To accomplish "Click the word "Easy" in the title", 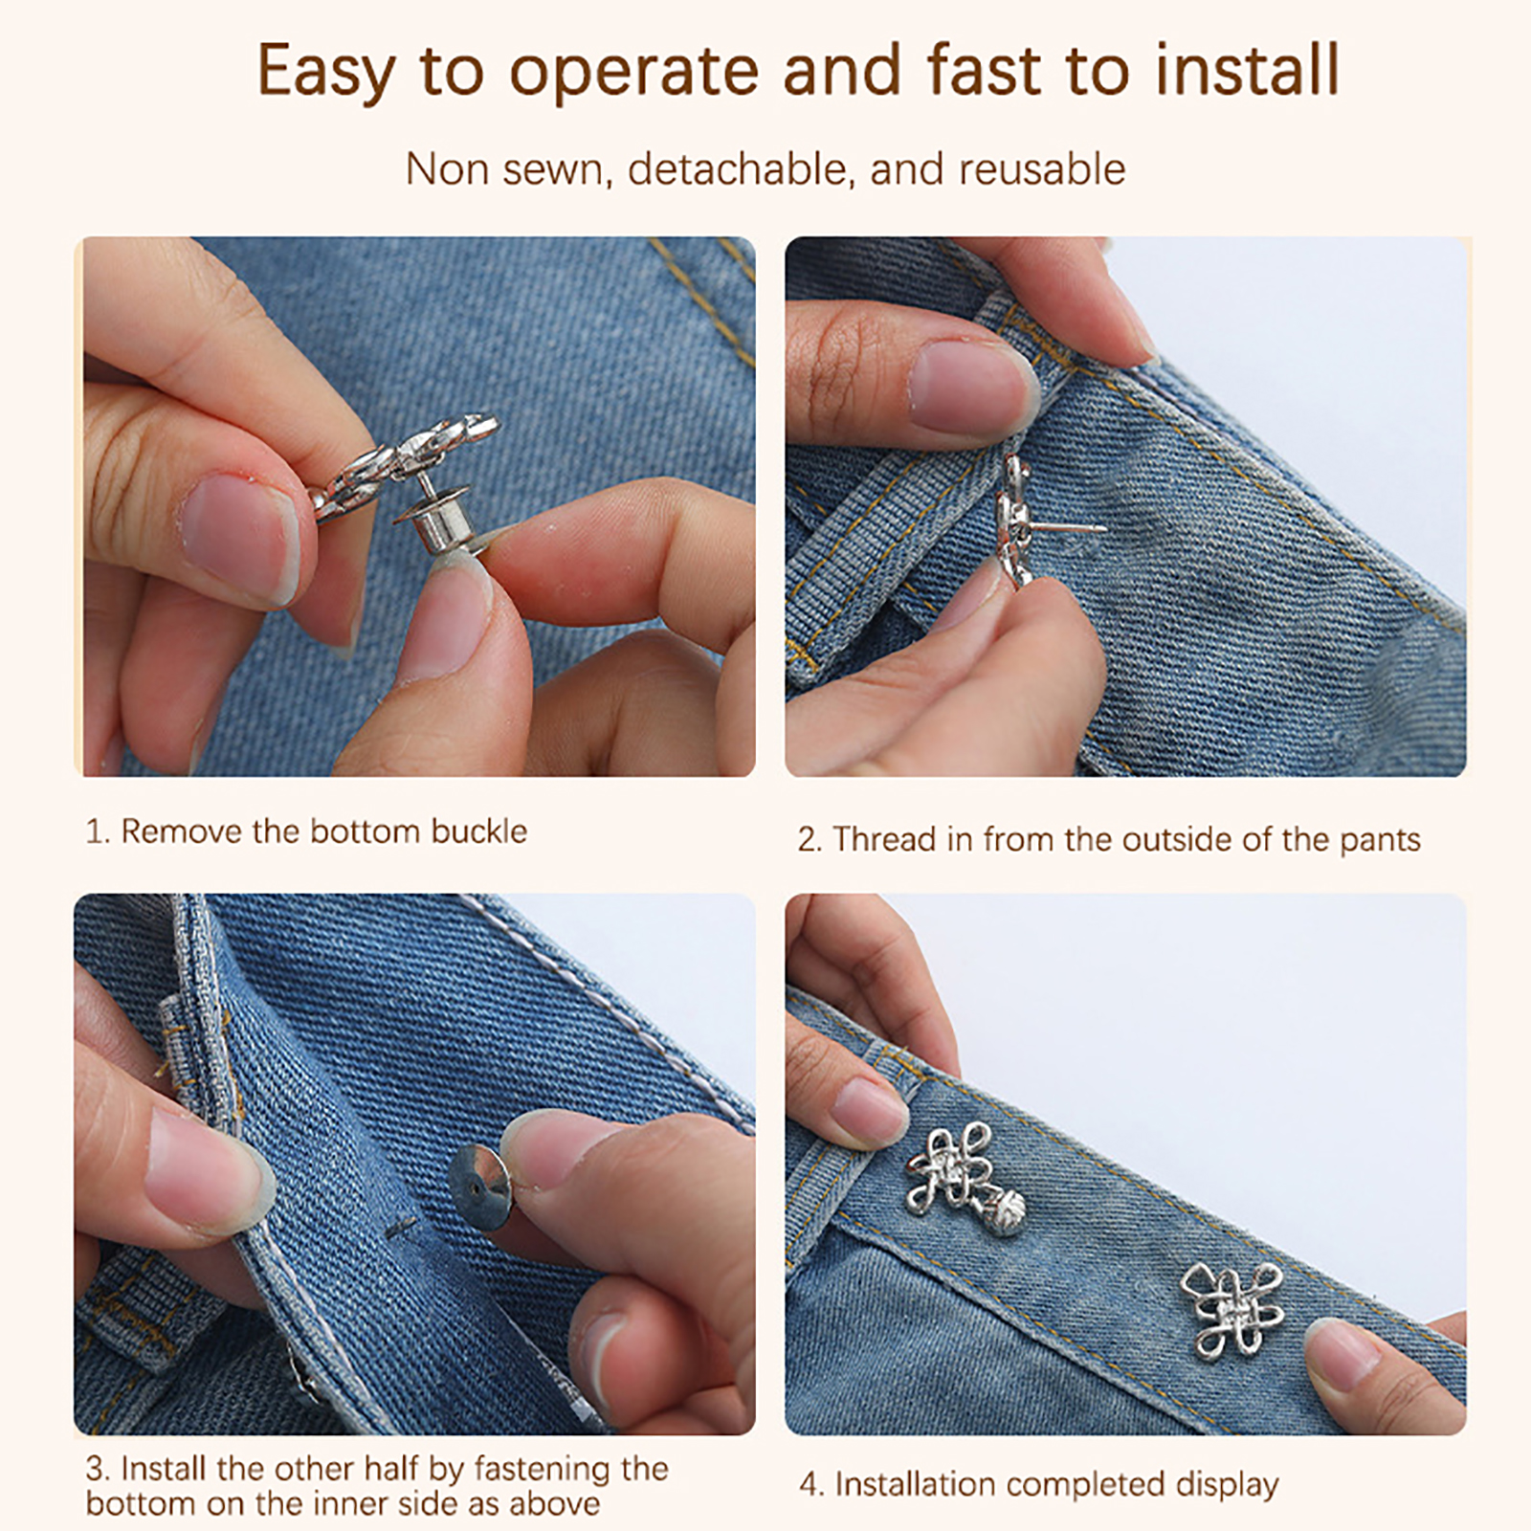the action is (326, 72).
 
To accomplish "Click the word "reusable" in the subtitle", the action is (1042, 169).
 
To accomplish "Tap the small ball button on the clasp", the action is (1006, 1204).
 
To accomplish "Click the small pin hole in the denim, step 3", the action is (401, 1227).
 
